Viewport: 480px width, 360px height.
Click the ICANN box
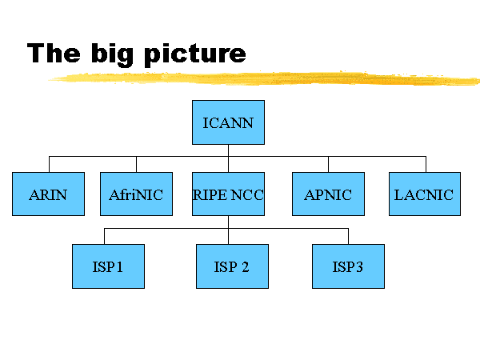(228, 122)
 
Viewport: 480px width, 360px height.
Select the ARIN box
(48, 194)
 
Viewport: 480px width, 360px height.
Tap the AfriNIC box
(136, 194)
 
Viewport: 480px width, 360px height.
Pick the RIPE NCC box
(228, 194)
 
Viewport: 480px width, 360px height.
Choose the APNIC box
(328, 194)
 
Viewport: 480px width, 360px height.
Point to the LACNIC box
(425, 194)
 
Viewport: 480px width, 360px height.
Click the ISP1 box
(108, 266)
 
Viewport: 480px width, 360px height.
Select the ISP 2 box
(232, 266)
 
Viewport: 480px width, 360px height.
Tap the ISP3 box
(348, 266)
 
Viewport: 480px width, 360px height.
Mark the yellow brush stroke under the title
(264, 78)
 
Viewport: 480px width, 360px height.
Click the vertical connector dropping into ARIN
(49, 164)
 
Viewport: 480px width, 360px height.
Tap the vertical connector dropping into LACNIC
(426, 164)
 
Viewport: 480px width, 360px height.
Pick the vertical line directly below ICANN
(228, 150)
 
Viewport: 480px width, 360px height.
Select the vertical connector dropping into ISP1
(105, 236)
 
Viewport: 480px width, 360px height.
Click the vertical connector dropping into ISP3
(348, 236)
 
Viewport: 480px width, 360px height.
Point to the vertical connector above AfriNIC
(136, 164)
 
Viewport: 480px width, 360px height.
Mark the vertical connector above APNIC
(328, 164)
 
